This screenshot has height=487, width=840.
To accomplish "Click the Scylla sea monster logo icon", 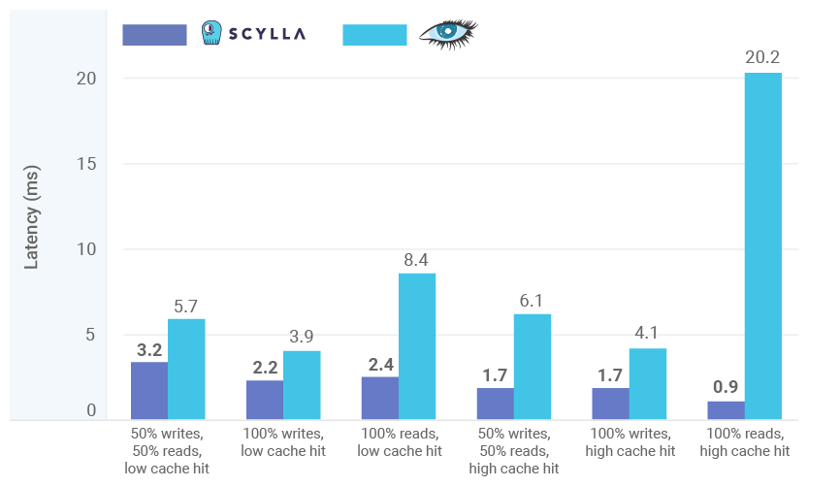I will coord(210,33).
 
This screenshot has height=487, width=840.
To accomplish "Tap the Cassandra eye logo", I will coord(447,34).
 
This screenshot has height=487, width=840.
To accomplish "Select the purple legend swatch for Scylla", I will coord(154,35).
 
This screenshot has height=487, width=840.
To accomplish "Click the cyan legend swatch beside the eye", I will coord(374,35).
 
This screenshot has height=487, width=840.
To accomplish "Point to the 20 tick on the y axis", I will coord(86,79).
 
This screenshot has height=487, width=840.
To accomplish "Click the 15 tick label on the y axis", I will coord(86,164).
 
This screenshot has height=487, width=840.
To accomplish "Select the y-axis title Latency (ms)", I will coord(32,224).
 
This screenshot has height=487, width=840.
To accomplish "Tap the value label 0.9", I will coord(725,387).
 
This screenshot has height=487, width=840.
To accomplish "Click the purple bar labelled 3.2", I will coord(149,391).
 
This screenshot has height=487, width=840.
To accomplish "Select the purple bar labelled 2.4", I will coord(379,398).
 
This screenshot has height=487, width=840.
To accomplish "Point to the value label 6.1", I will coord(533,301).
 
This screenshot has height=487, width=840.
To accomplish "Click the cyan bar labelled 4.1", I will coord(647,384).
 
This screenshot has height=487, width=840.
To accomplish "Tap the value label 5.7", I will coord(186,307).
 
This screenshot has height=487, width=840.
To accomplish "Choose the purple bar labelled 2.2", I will coord(264,400).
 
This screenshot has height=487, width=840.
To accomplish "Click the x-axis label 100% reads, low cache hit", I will coord(401,442).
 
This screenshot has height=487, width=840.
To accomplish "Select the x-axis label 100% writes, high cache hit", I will coord(630,442).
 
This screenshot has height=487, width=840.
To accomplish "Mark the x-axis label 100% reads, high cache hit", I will coord(744,442).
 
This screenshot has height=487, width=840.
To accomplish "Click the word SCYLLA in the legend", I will coord(268,34).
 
